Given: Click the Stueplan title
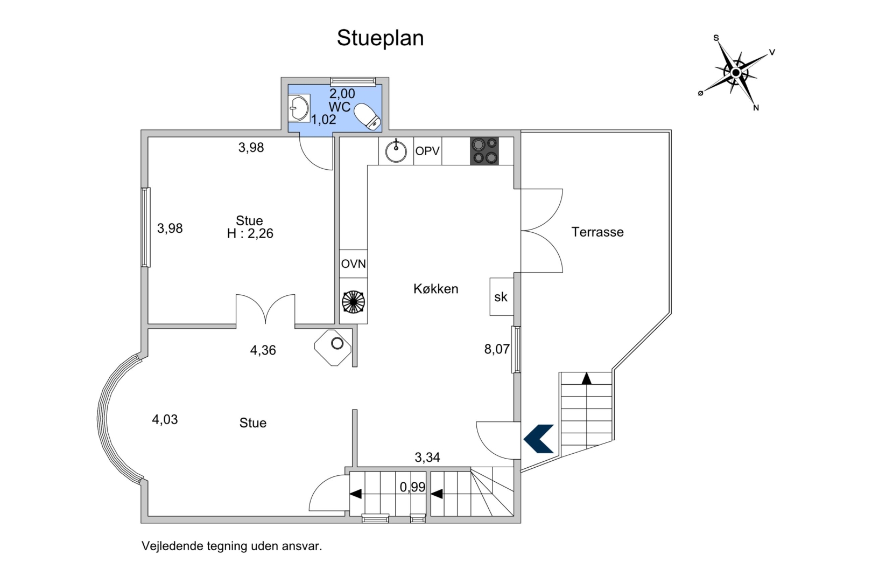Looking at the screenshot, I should (380, 38).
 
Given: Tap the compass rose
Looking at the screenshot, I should (736, 72).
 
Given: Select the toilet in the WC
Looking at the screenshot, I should (368, 116).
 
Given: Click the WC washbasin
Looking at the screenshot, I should (298, 108).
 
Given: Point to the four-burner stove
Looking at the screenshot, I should (484, 151).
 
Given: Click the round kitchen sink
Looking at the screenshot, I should (396, 151).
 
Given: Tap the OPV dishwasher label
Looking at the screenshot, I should (427, 151).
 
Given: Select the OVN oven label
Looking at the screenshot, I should (353, 264).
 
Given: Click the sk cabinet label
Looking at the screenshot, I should (501, 297).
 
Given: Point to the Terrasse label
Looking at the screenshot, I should (597, 232).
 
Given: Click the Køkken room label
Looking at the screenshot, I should (435, 289).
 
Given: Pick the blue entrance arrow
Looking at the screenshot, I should (539, 438).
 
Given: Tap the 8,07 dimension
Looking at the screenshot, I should (496, 349).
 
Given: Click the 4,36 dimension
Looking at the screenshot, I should (263, 350).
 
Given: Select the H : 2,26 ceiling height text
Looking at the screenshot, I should (250, 234).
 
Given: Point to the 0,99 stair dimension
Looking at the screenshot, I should (412, 487).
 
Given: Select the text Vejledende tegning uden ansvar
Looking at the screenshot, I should (231, 546).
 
